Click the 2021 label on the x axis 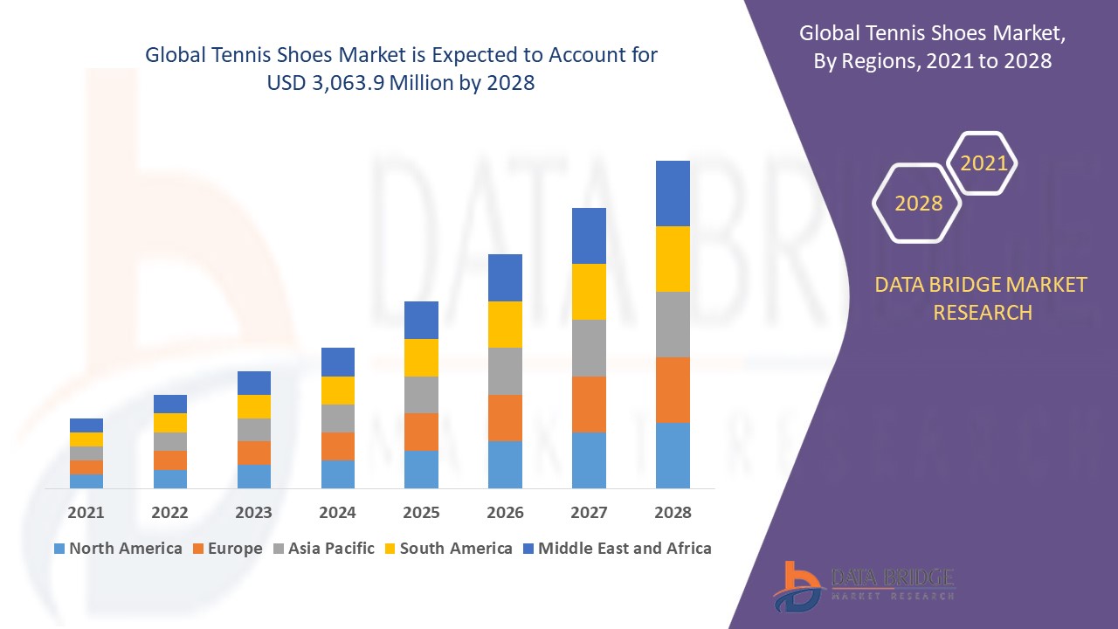pos(86,512)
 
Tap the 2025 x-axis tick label pos(421,512)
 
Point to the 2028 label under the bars pos(673,512)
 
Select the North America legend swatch pos(59,549)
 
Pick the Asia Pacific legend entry pos(322,549)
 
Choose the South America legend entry pos(447,549)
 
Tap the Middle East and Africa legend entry pos(616,549)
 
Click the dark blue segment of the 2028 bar pos(673,193)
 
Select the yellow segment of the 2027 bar pos(589,292)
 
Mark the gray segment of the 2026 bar pos(505,371)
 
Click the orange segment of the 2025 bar pos(421,432)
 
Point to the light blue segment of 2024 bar pos(337,473)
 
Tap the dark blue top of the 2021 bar pos(86,425)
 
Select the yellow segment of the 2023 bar pos(253,406)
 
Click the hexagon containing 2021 pos(983,163)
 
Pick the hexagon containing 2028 pos(918,203)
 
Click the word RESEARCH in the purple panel pos(983,312)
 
